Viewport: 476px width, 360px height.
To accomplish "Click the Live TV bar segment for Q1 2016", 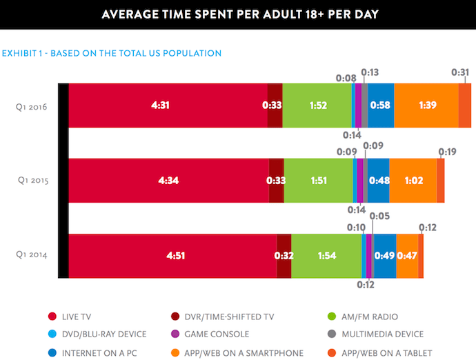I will point(168,106).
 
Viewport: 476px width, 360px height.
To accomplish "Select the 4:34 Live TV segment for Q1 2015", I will point(169,181).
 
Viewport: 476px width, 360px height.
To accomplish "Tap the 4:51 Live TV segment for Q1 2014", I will point(172,256).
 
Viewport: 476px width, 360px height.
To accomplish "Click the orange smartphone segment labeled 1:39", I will point(426,106).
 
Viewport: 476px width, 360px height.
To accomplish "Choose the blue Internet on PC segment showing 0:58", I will point(381,106).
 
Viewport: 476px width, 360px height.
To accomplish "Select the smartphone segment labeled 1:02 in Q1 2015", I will point(413,181).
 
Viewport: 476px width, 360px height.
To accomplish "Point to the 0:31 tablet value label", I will point(460,72).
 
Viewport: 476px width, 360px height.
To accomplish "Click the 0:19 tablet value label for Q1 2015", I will point(448,152).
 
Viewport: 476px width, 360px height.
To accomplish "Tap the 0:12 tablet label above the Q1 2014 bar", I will point(428,228).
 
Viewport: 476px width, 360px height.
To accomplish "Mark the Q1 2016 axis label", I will point(32,106).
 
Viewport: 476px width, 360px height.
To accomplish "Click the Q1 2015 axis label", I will point(32,181).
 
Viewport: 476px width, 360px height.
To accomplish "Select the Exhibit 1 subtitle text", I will point(111,53).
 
